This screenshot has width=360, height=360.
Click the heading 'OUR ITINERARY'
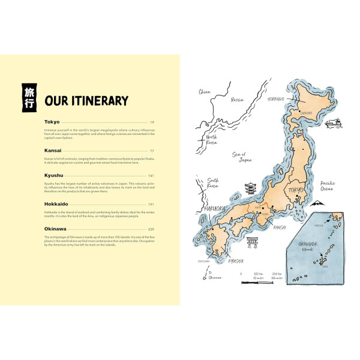point(86,101)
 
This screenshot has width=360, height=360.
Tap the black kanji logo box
point(28,97)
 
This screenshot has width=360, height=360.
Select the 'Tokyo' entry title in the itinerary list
point(52,122)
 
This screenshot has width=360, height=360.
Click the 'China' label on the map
point(205,92)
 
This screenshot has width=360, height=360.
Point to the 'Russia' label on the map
point(238,100)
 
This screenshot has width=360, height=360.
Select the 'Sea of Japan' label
point(240,157)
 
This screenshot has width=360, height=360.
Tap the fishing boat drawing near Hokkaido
point(332,124)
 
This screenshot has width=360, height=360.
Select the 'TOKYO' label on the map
point(296,191)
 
